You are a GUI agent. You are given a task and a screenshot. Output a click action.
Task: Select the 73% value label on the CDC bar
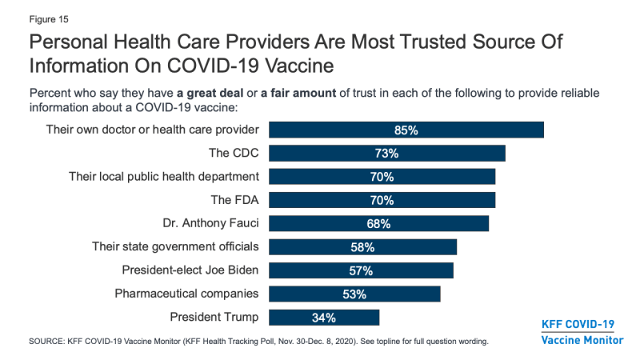(x=387, y=153)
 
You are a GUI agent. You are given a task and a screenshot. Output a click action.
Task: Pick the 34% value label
(x=324, y=318)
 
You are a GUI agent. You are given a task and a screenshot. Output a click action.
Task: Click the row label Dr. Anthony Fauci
(x=210, y=223)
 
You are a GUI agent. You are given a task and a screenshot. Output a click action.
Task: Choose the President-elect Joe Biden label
(x=190, y=270)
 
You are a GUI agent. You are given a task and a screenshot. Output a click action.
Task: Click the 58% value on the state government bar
(x=362, y=247)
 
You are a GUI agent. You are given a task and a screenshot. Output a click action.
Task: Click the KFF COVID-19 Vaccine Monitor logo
(x=581, y=331)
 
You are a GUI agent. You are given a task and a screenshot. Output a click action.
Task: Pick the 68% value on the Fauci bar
(x=378, y=223)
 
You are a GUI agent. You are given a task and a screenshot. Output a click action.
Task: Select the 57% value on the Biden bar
(x=361, y=270)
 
